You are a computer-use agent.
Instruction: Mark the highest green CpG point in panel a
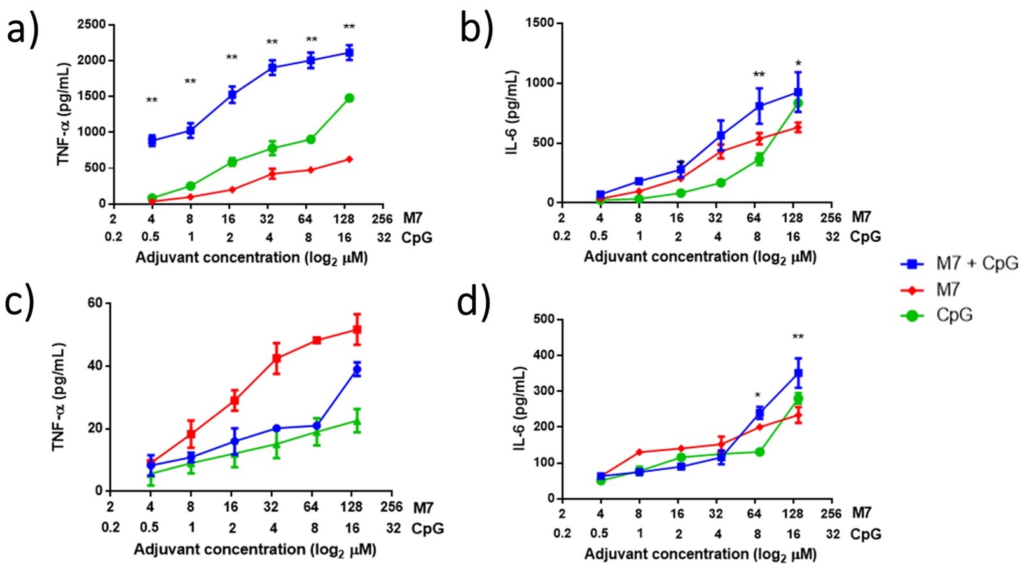[349, 98]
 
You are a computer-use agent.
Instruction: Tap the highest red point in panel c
[357, 330]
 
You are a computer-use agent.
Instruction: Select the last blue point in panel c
[357, 369]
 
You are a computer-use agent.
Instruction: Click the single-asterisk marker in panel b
[798, 64]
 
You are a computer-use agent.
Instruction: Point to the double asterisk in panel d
[798, 337]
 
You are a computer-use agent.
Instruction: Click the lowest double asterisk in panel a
[152, 100]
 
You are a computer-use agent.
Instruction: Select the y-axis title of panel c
[60, 397]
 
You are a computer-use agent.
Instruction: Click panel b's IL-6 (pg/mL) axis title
[513, 113]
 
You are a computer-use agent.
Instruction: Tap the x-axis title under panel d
[700, 554]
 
